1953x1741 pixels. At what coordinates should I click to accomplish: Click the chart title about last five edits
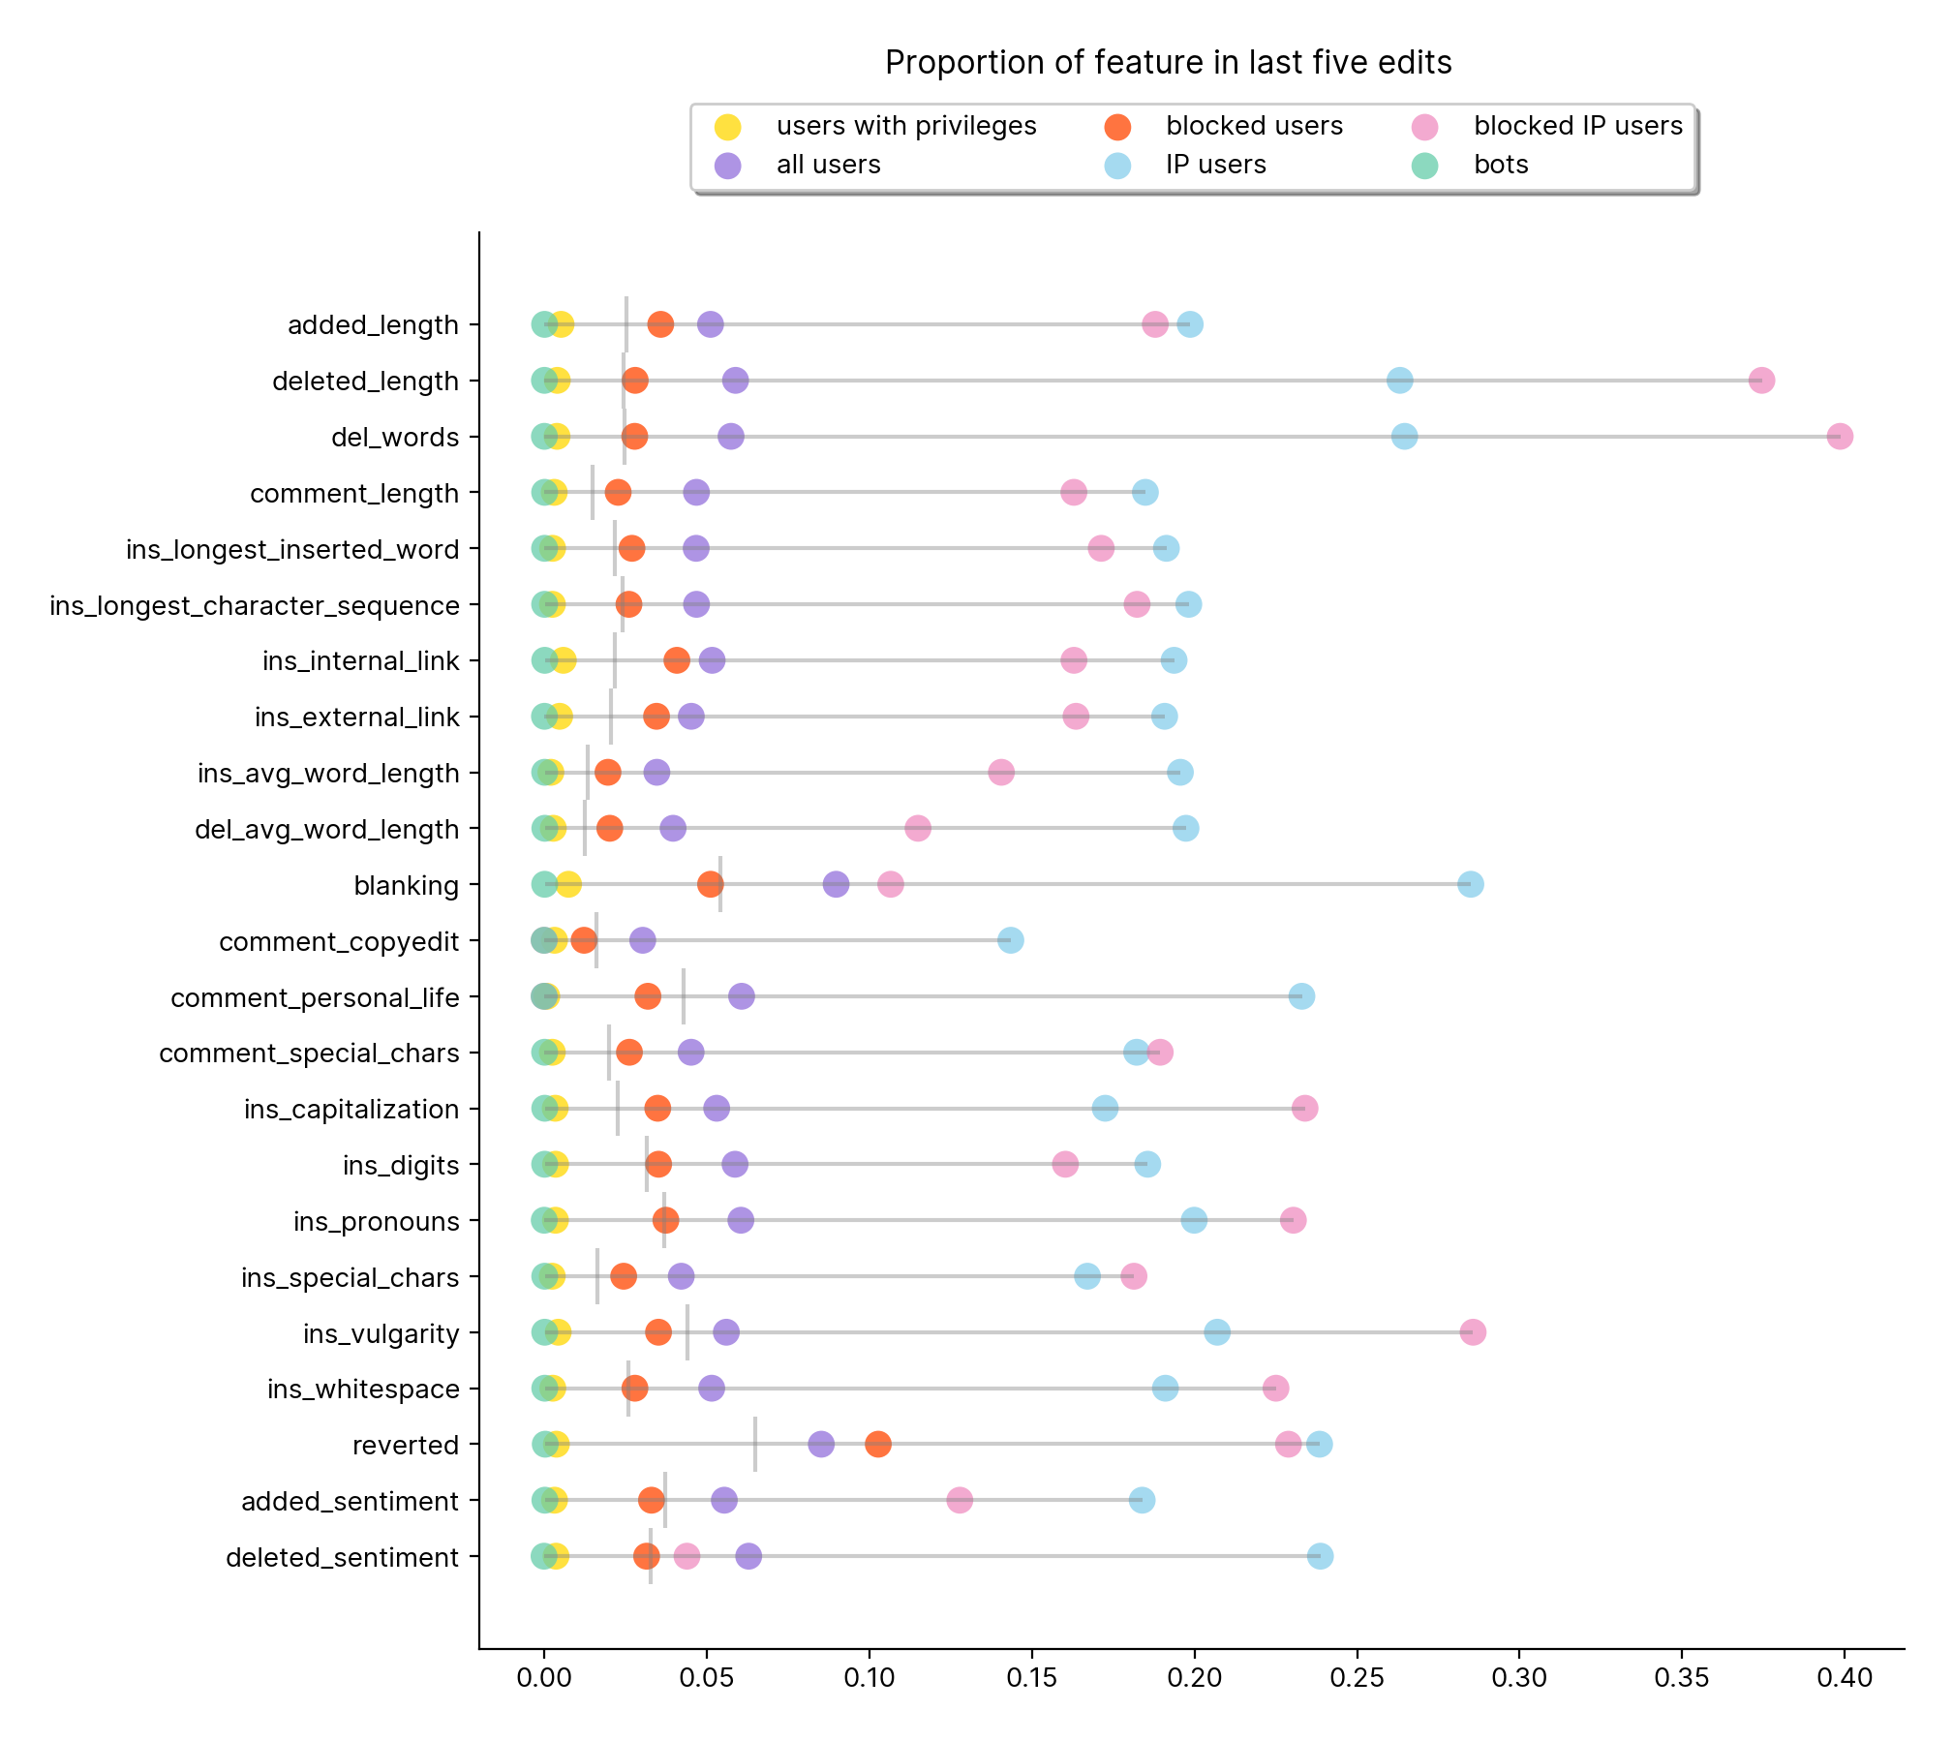[1168, 63]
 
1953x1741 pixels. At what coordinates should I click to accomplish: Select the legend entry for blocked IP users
[1577, 126]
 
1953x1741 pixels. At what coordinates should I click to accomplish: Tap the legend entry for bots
[1500, 165]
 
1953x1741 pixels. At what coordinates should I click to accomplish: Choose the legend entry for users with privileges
[905, 126]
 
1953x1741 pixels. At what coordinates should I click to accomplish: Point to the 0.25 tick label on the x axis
[1357, 1678]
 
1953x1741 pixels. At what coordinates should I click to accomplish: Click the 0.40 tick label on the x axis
[1844, 1678]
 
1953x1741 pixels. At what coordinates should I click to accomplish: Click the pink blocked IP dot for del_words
[1840, 437]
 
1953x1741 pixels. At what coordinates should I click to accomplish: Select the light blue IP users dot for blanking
[1470, 884]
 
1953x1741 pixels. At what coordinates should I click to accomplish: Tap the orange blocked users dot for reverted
[878, 1445]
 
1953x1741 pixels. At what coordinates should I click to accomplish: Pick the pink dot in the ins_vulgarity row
[1473, 1332]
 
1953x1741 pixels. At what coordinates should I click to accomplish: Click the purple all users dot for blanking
[836, 884]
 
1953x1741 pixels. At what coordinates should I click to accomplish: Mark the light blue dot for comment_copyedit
[1010, 940]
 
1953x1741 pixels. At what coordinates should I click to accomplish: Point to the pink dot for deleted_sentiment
[687, 1557]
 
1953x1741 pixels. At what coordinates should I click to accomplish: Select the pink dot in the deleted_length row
[1761, 381]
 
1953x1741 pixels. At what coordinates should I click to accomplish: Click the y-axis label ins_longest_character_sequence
[255, 606]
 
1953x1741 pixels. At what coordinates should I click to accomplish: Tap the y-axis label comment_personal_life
[315, 998]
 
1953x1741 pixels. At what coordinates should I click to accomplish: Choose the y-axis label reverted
[405, 1446]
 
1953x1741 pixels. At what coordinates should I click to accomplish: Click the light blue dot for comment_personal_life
[1301, 996]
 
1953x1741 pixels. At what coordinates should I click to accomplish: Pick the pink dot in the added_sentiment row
[960, 1501]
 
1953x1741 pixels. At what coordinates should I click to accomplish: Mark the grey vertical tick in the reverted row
[755, 1445]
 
